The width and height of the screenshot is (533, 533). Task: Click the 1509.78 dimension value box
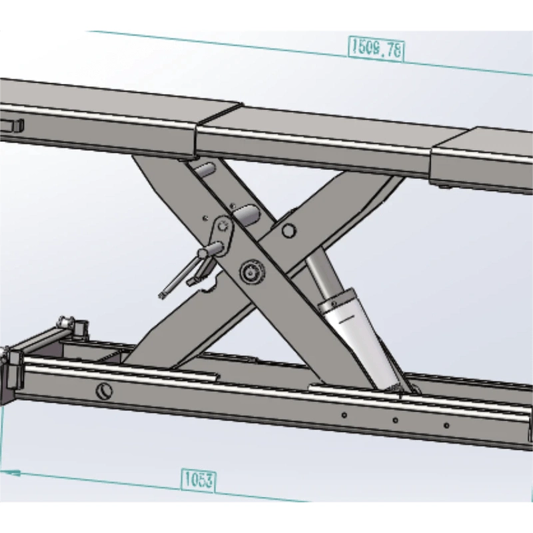(376, 49)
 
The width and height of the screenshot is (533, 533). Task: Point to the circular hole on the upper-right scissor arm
(288, 231)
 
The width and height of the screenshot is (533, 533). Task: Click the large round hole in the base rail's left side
(103, 391)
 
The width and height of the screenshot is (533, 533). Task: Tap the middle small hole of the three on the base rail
(395, 420)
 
